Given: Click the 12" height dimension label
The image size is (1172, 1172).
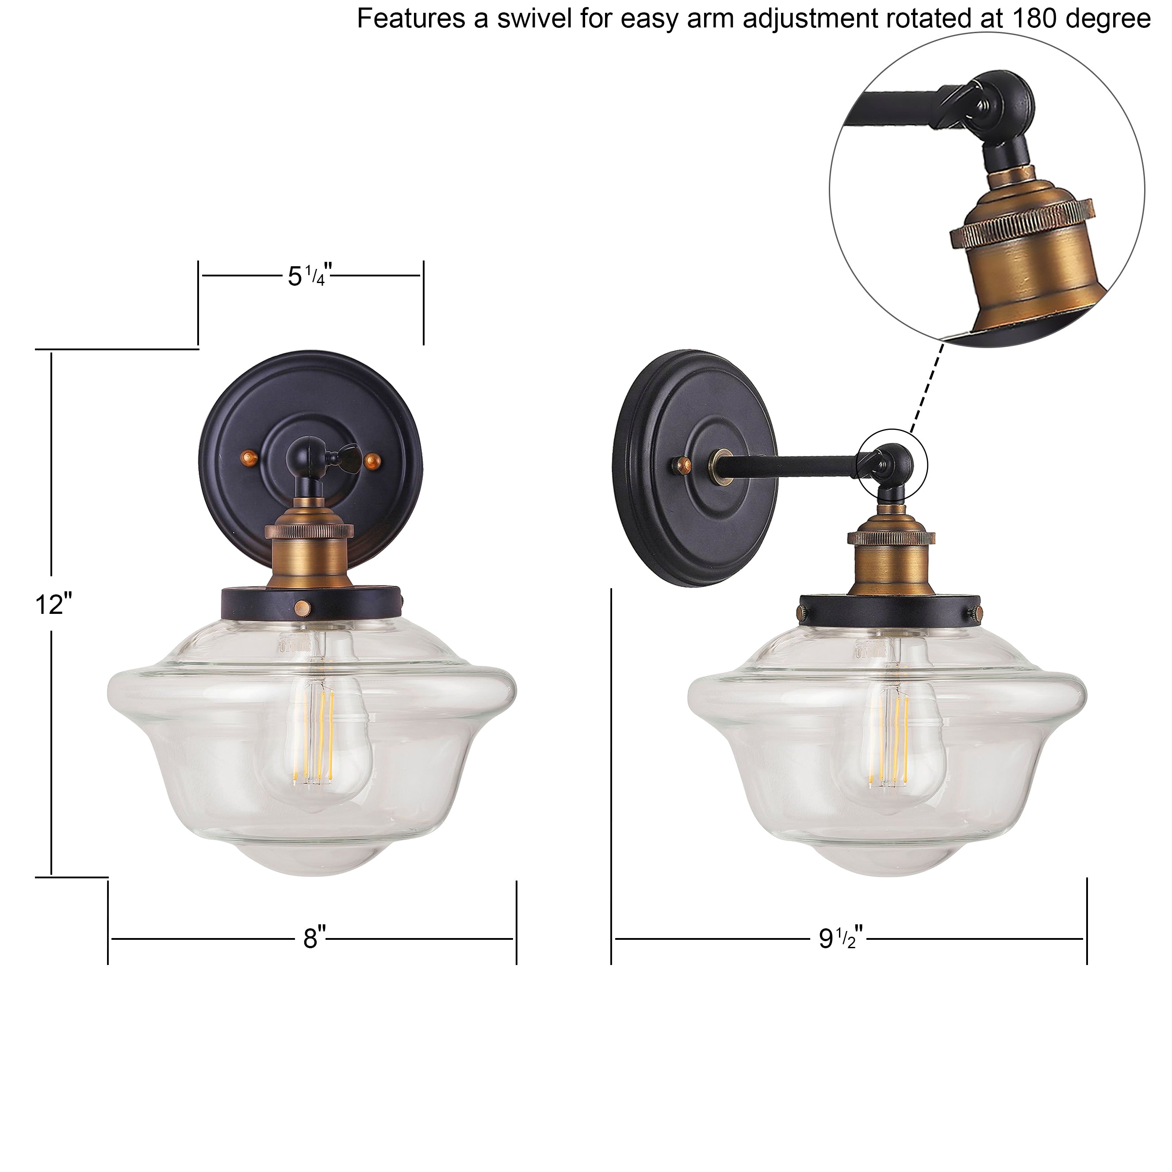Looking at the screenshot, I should pyautogui.click(x=54, y=604).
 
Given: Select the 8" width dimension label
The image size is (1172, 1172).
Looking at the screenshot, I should pyautogui.click(x=314, y=938).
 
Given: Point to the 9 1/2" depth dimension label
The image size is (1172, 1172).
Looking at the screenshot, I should pyautogui.click(x=840, y=938).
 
